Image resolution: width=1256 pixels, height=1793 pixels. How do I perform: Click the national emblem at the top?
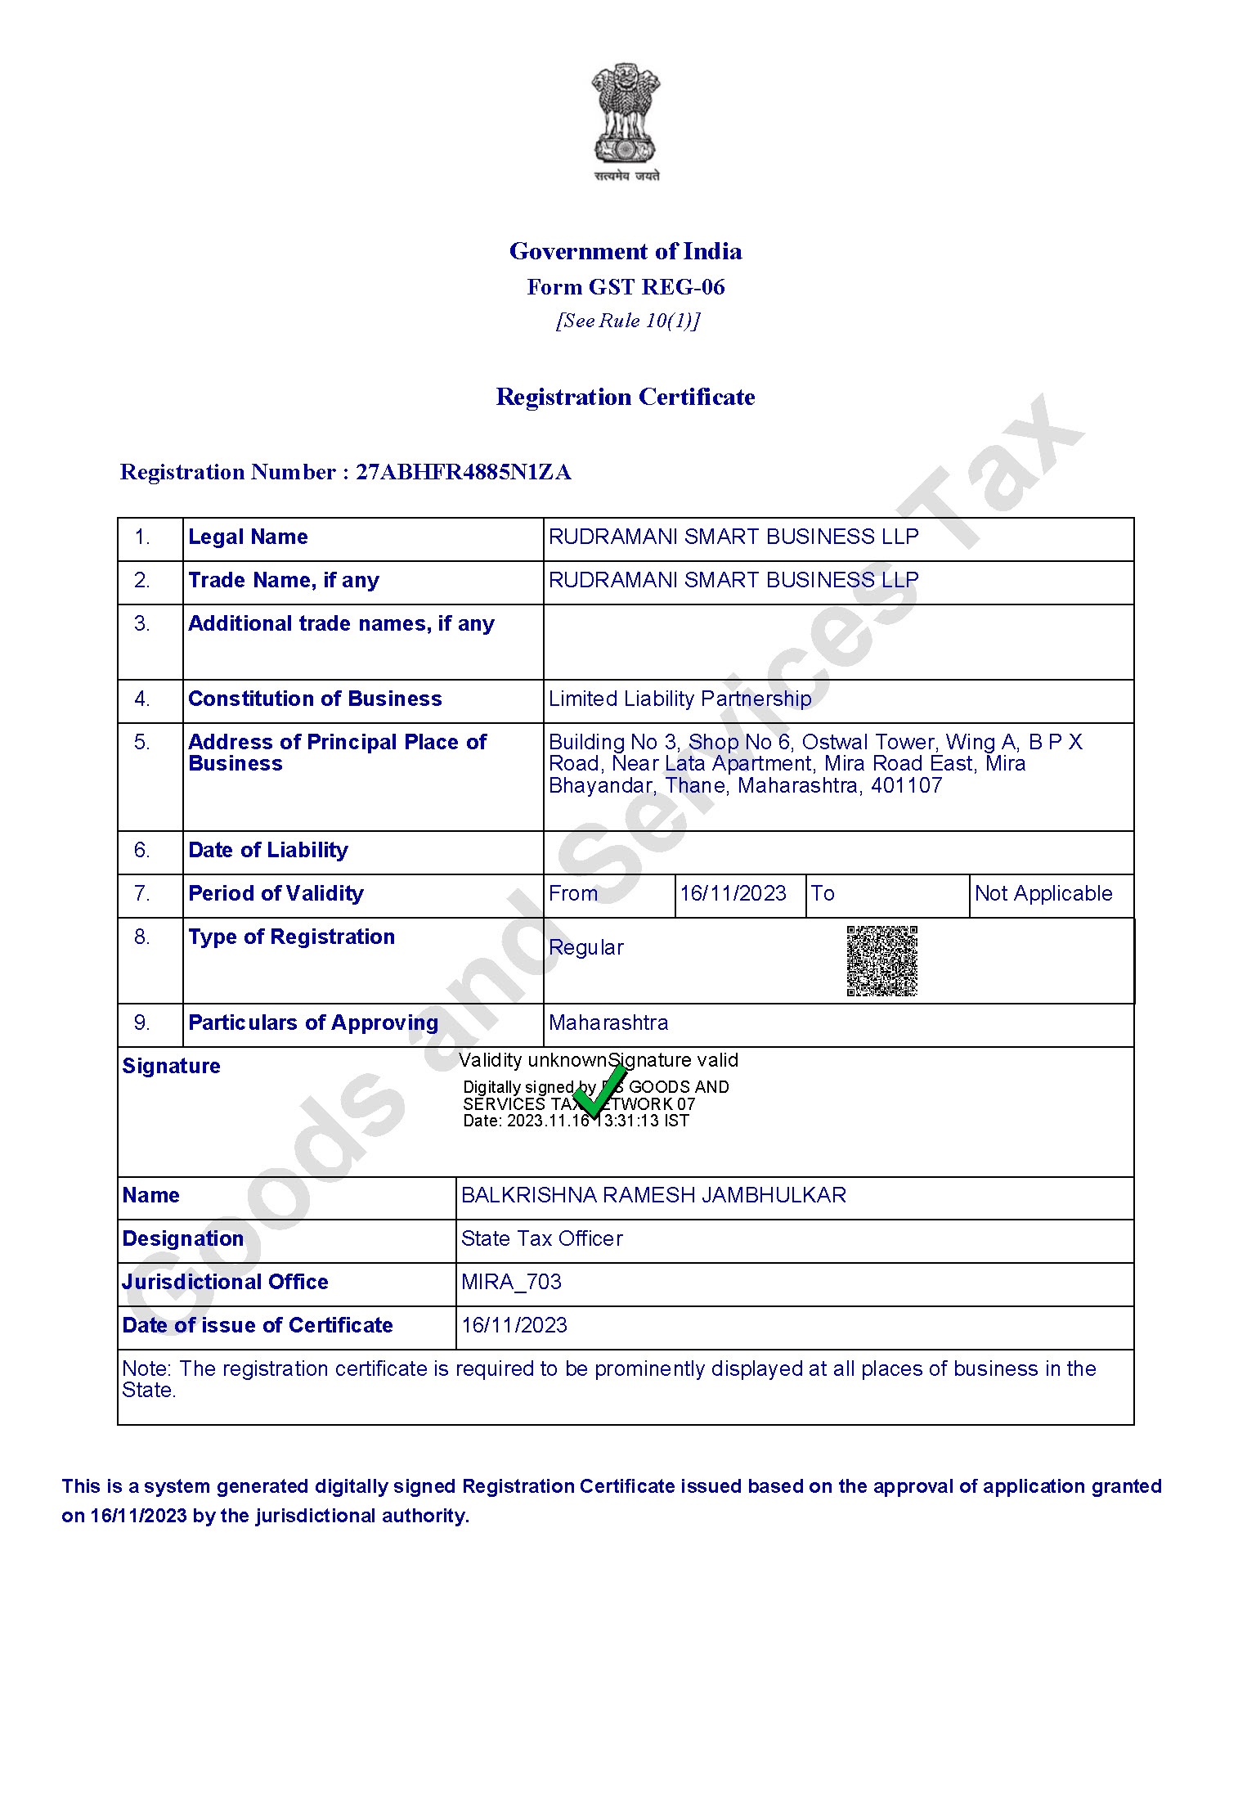coord(626,121)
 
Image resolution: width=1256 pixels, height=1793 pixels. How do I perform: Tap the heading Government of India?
coord(626,251)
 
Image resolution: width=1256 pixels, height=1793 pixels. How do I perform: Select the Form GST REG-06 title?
coord(626,287)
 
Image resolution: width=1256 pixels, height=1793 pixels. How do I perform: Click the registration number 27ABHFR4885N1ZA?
coord(463,472)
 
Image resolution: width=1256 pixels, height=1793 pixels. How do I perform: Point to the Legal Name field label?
coord(248,537)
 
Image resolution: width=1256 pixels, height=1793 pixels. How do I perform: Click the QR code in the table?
coord(881,961)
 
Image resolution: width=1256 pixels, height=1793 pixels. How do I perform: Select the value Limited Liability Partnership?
coord(680,699)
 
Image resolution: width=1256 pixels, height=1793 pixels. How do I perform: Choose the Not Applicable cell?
coord(1043,894)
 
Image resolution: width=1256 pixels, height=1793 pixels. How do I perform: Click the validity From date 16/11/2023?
coord(733,894)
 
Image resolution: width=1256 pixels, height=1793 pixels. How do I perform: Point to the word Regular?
coord(586,948)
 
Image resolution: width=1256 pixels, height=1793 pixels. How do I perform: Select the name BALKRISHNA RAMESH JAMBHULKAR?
coord(653,1196)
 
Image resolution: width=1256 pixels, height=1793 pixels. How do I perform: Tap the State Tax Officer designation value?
coord(541,1239)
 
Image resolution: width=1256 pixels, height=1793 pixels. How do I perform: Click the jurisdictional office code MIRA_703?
coord(511,1283)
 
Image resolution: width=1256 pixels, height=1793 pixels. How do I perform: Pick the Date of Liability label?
coord(268,851)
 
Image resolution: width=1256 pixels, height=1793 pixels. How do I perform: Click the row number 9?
coord(141,1023)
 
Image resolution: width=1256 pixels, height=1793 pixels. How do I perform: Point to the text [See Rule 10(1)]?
coord(627,321)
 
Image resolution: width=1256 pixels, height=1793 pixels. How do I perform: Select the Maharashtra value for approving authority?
coord(608,1023)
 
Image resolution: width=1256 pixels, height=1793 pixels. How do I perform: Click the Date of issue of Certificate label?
coord(258,1326)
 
